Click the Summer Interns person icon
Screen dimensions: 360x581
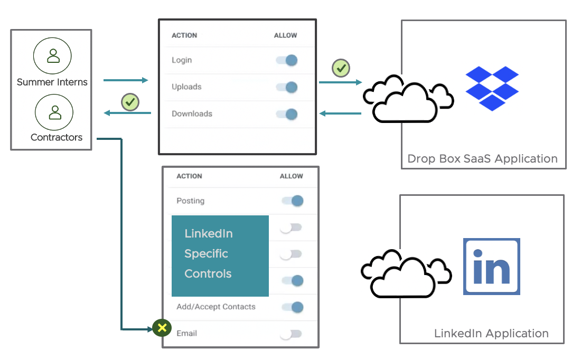(52, 55)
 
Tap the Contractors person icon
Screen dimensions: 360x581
(54, 112)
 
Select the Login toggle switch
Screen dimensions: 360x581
(287, 60)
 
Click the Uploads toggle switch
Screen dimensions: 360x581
(287, 87)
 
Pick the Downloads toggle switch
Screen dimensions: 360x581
(287, 114)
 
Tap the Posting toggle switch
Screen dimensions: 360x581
(293, 201)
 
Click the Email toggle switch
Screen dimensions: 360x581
(291, 334)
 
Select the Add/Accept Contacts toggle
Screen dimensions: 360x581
(293, 307)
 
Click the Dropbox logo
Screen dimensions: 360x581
(492, 88)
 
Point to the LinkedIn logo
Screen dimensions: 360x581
(492, 266)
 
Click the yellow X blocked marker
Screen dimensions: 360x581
(162, 328)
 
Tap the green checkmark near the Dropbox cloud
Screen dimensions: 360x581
(341, 68)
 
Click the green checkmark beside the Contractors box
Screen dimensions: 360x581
(130, 102)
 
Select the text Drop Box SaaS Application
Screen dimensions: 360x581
(482, 158)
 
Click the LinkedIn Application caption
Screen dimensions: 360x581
(491, 334)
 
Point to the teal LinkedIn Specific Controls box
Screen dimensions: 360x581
(220, 255)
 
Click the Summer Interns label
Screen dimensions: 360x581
(52, 82)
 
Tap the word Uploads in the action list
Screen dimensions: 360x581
(186, 87)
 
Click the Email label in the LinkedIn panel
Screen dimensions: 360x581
(187, 334)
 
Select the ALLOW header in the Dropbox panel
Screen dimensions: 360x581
(285, 35)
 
